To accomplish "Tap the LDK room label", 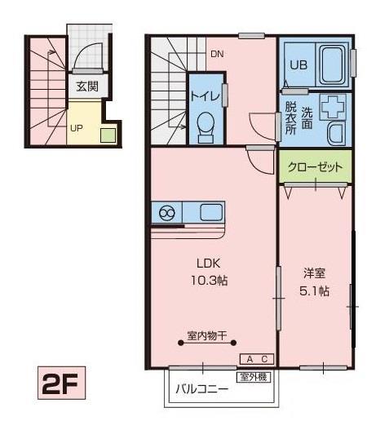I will point(208,264).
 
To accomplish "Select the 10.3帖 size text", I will point(210,280).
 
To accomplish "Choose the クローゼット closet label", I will point(315,167).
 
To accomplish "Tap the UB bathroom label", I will point(297,64).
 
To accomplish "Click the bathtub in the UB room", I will point(331,64).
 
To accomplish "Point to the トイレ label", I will point(204,96).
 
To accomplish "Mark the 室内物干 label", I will point(206,335).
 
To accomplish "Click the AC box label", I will point(258,359).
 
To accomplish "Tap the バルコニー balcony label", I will point(202,389).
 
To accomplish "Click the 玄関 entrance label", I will point(87,86).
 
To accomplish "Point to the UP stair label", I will point(76,128).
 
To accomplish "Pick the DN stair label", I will point(216,55).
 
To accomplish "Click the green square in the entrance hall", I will point(107,135).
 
